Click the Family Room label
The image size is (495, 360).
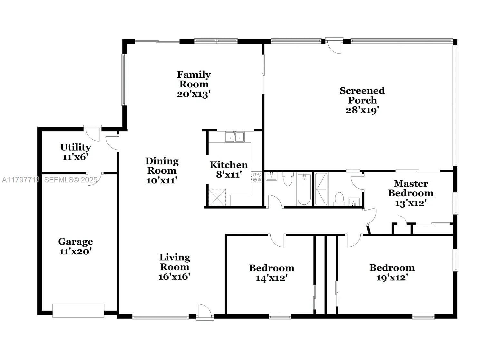(194, 79)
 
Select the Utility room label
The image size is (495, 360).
(76, 147)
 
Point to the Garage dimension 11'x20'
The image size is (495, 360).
(76, 251)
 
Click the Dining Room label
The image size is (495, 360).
(162, 166)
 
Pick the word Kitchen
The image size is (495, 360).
(229, 165)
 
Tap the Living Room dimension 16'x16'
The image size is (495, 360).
(174, 277)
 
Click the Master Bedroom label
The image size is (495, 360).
(411, 188)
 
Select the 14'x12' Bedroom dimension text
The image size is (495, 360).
(272, 278)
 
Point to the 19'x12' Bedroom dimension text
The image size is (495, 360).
(392, 278)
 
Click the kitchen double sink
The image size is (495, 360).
(235, 137)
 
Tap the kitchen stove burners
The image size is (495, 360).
(256, 177)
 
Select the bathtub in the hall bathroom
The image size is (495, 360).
(304, 190)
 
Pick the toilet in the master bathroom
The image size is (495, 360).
(339, 199)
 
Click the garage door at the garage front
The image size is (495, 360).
(78, 311)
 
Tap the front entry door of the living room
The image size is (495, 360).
(205, 312)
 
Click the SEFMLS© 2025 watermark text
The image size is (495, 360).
(71, 180)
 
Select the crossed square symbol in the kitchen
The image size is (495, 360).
(217, 198)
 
